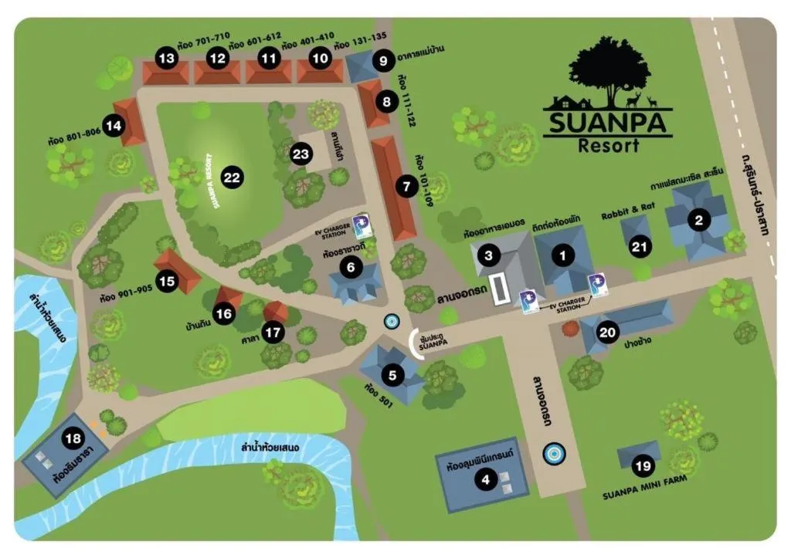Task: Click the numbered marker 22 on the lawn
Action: (232, 178)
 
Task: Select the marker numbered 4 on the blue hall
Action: (486, 480)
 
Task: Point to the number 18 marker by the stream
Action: (73, 439)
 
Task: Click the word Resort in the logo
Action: (609, 144)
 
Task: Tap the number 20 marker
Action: (609, 332)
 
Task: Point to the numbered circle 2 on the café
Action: (699, 221)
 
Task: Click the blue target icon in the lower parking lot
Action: (553, 454)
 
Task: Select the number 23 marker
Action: (300, 154)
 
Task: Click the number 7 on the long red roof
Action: (406, 185)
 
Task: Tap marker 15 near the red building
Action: (167, 281)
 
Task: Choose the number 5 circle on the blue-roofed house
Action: (392, 376)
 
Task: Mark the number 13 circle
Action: (166, 57)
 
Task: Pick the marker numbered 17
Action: (271, 333)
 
